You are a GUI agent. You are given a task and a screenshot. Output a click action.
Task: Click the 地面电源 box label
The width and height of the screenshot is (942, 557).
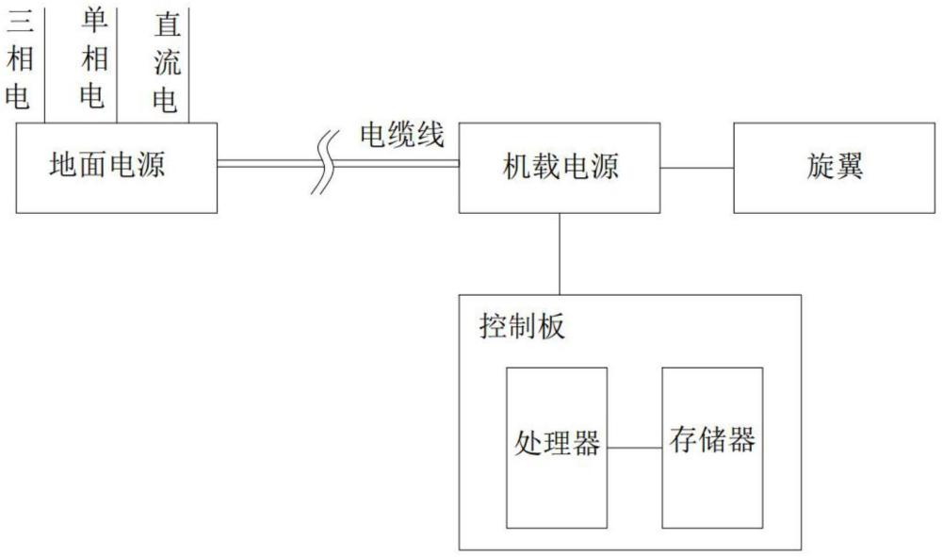point(107,167)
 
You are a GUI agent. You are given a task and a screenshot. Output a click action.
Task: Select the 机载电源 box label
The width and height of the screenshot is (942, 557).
point(561,168)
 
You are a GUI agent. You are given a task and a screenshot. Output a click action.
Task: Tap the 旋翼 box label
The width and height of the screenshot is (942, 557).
point(836,167)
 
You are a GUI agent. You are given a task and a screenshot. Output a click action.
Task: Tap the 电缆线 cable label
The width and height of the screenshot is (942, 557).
point(402,136)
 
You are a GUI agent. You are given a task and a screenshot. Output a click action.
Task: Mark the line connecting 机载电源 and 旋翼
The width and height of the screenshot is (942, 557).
point(698,168)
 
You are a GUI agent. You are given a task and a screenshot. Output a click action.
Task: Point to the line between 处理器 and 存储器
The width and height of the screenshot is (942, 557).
point(634,447)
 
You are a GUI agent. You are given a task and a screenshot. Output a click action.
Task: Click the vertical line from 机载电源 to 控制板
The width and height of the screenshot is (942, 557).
point(560,254)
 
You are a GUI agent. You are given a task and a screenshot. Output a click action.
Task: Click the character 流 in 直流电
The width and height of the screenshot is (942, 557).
point(167,62)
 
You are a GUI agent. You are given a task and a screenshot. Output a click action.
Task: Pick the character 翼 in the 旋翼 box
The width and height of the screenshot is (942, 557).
point(851,167)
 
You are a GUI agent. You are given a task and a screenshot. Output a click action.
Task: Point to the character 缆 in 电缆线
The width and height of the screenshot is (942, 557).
point(402,136)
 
